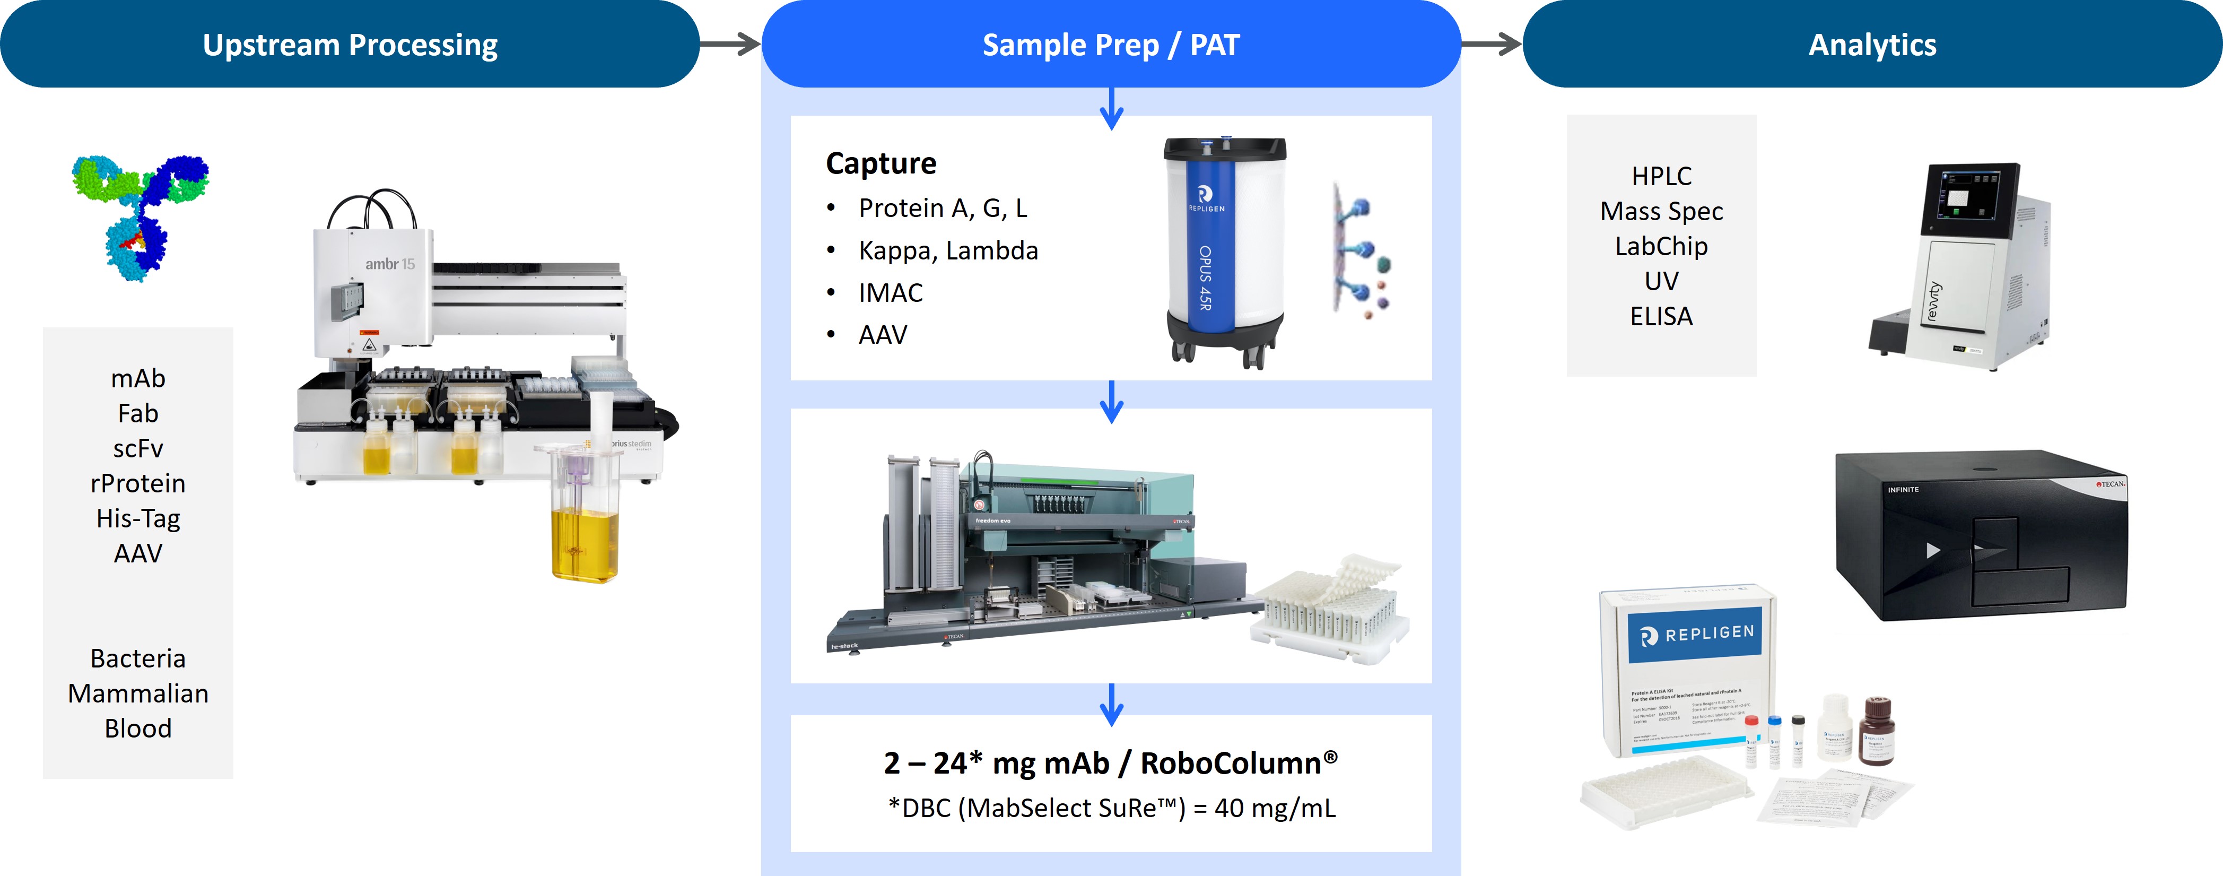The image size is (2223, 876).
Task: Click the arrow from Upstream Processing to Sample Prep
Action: [x=729, y=44]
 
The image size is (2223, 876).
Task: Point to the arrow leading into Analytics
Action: [x=1491, y=44]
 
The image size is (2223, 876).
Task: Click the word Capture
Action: [x=880, y=163]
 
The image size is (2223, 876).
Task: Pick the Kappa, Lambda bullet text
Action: [x=947, y=251]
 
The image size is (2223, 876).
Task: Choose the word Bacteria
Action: [x=138, y=658]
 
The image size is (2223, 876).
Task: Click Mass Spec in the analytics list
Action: [x=1661, y=212]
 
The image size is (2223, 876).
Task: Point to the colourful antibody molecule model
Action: [x=141, y=216]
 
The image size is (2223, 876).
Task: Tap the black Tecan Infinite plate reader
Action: [x=1981, y=535]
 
